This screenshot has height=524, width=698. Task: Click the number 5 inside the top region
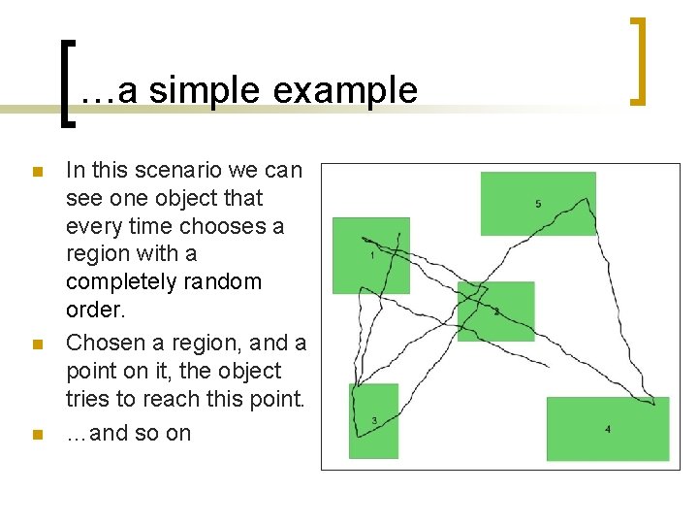538,204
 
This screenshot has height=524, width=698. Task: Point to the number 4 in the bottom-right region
608,429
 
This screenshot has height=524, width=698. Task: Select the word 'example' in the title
345,90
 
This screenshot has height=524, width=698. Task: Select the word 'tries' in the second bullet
87,399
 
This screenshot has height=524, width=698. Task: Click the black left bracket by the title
65,82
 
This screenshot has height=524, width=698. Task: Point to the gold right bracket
638,60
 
